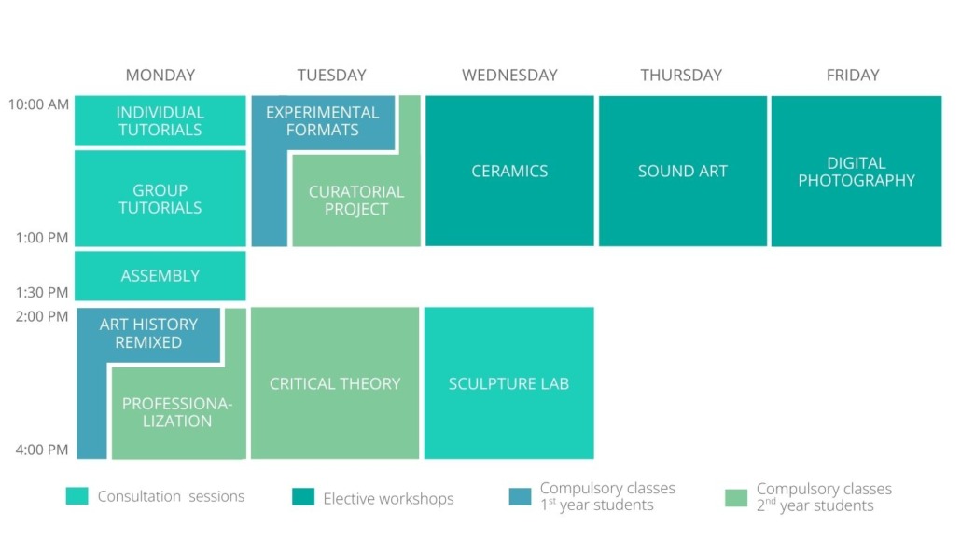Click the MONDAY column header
(x=160, y=75)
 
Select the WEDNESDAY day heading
(x=509, y=75)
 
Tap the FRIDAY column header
(x=853, y=75)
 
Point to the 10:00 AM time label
(x=38, y=104)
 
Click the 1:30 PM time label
(x=42, y=292)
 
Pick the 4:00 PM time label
(x=42, y=450)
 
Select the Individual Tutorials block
(x=160, y=120)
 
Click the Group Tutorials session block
(x=160, y=199)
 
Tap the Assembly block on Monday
(x=160, y=276)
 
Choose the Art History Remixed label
(x=148, y=334)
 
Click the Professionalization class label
(x=177, y=412)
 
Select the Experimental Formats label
(x=323, y=121)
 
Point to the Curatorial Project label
(x=356, y=201)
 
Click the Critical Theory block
(x=335, y=383)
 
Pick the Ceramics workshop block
(x=509, y=171)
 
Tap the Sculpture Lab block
(x=508, y=383)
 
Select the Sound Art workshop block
(x=683, y=171)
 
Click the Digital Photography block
(x=857, y=171)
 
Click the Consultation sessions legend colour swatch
(x=77, y=496)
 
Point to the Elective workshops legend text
(x=388, y=499)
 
